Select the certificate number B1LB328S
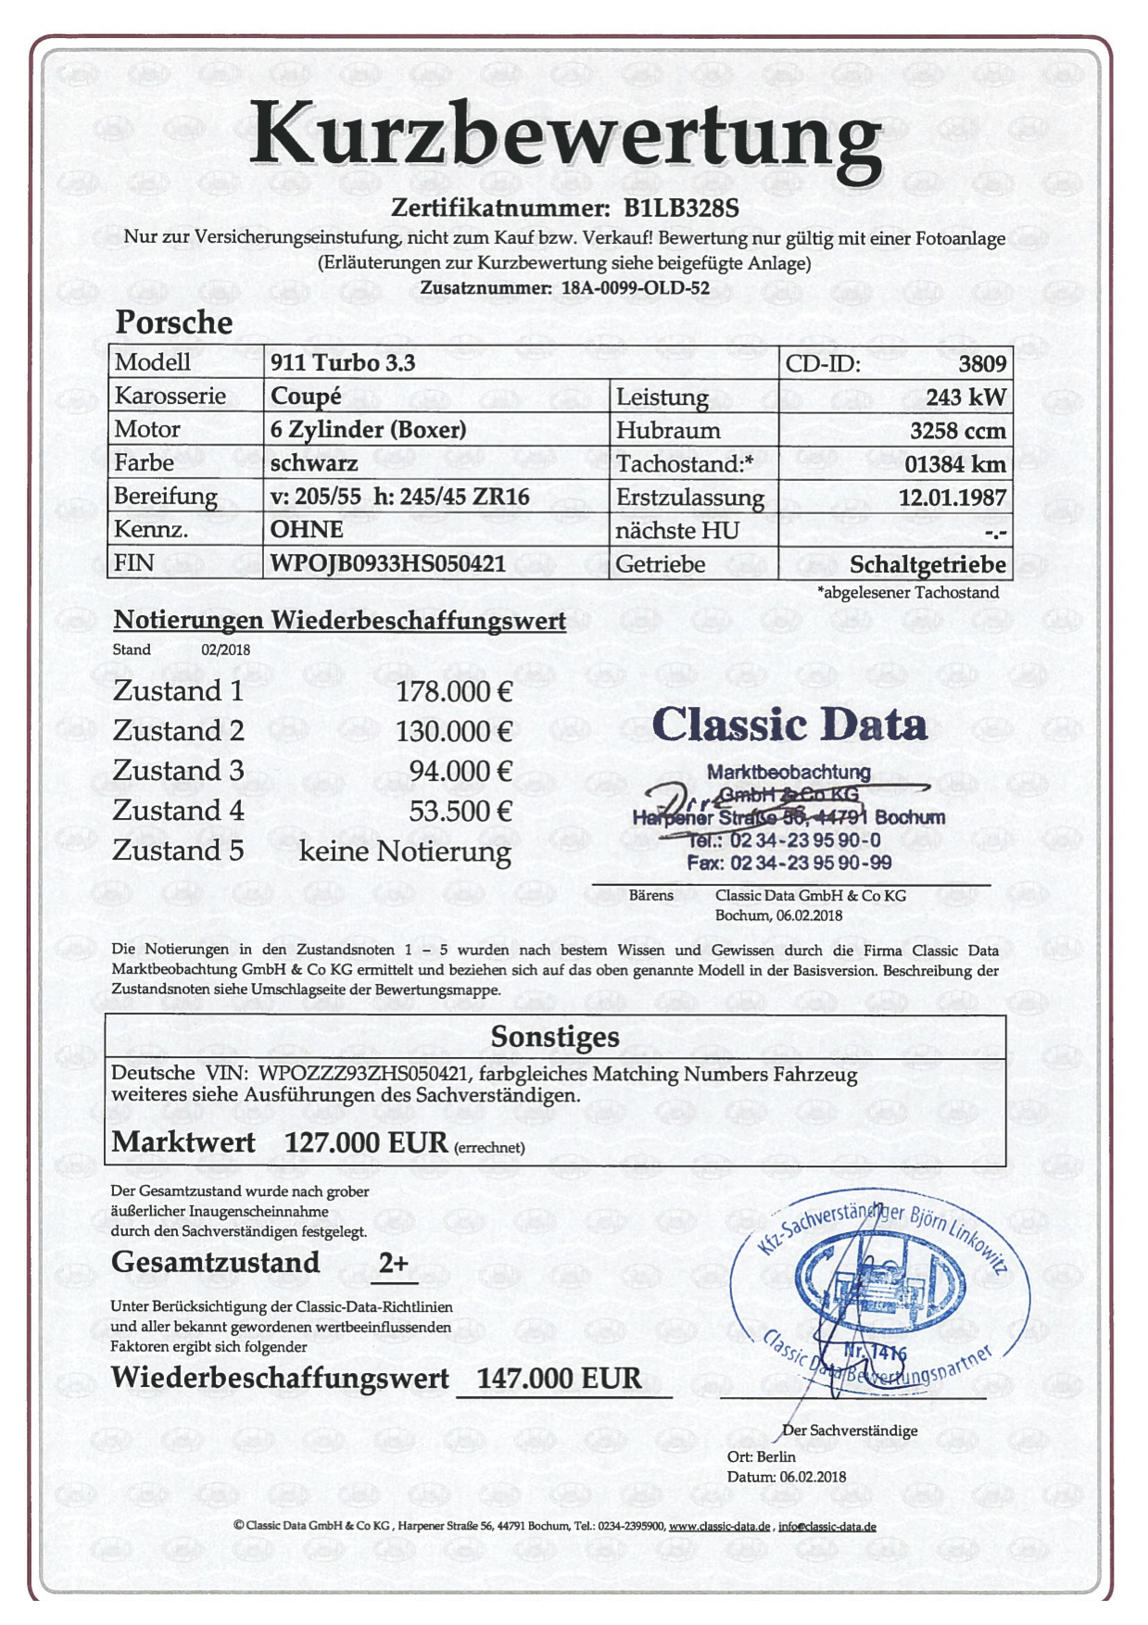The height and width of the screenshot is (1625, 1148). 681,208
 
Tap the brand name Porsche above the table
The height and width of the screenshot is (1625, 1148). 174,322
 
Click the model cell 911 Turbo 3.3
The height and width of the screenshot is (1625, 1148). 343,362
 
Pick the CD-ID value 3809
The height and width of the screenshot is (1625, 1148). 981,363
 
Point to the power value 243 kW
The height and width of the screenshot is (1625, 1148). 965,397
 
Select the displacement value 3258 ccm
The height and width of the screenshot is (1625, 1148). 957,431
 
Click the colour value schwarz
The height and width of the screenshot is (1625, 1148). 314,462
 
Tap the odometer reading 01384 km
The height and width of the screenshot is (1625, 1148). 954,464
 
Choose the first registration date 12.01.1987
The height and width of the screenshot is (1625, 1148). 952,498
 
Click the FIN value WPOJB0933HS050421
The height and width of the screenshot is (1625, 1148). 388,563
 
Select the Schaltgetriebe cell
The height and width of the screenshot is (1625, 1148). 927,564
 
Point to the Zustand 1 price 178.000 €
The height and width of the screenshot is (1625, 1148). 454,692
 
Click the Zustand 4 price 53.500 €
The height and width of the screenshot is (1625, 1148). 460,812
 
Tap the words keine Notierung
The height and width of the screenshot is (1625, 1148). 405,851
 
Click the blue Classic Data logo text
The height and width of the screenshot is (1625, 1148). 789,724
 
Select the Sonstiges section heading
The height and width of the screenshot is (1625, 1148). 555,1037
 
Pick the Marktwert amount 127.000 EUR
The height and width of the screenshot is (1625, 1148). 366,1142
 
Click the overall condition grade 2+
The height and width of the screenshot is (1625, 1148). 394,1263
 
